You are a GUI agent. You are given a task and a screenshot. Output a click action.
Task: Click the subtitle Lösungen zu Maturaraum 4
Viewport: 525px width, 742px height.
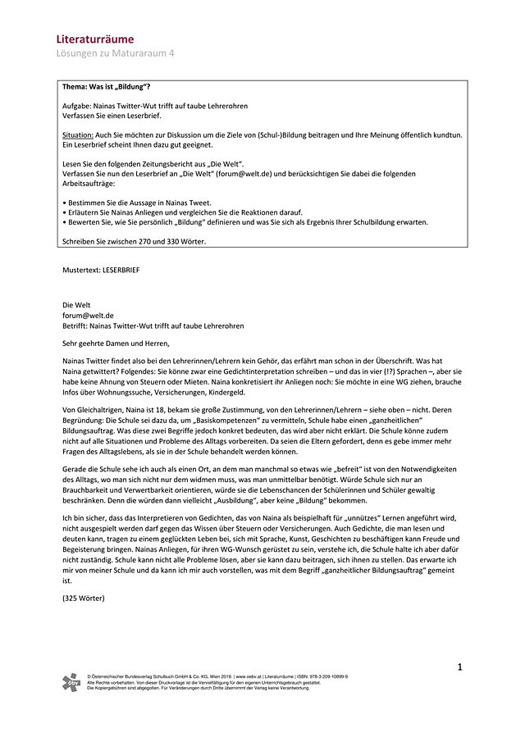[x=115, y=53]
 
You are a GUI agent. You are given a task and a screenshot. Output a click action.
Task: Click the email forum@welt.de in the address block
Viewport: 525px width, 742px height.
[x=88, y=315]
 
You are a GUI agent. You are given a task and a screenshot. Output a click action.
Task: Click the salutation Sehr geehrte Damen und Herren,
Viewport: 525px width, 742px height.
[x=119, y=344]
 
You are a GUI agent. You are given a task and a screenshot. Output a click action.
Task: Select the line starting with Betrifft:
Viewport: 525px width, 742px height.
[x=153, y=325]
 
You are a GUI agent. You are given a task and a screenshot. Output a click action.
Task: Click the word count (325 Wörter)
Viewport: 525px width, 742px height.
[x=83, y=598]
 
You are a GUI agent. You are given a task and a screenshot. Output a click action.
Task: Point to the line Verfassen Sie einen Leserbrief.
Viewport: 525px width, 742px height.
[x=111, y=116]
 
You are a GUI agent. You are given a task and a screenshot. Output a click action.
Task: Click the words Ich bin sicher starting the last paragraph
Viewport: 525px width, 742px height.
[x=84, y=520]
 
